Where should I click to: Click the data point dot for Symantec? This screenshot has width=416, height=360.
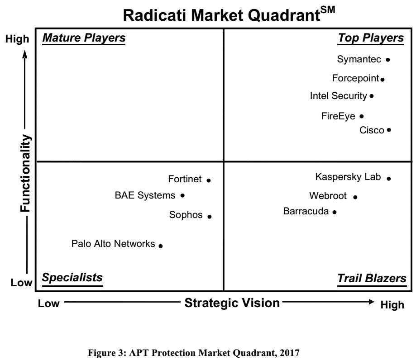[x=388, y=60]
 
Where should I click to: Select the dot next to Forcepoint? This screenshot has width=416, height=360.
[x=383, y=79]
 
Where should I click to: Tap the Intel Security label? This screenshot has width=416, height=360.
[x=339, y=96]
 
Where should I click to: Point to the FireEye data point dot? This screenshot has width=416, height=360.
[x=362, y=116]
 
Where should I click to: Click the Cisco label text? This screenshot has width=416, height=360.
[x=372, y=130]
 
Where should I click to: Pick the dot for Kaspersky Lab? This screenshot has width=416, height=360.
[x=389, y=179]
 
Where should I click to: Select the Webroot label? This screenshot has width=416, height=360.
[x=328, y=196]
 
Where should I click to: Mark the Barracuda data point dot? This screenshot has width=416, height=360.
[x=335, y=212]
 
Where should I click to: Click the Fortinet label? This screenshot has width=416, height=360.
[x=185, y=179]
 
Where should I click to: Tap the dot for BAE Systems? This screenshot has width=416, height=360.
[x=182, y=196]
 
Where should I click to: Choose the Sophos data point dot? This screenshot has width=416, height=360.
[x=210, y=217]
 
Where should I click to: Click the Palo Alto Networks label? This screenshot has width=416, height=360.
[x=113, y=243]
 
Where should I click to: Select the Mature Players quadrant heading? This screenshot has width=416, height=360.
[x=84, y=38]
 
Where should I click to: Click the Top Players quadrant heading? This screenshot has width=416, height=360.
[x=371, y=38]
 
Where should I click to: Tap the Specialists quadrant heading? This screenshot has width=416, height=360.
[x=72, y=278]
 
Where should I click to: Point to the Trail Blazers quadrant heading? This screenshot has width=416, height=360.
[x=372, y=278]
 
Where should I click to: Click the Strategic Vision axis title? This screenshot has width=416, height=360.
[x=232, y=303]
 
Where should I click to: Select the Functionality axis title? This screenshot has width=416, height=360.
[x=25, y=173]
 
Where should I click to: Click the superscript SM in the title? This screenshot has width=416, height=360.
[x=328, y=10]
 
